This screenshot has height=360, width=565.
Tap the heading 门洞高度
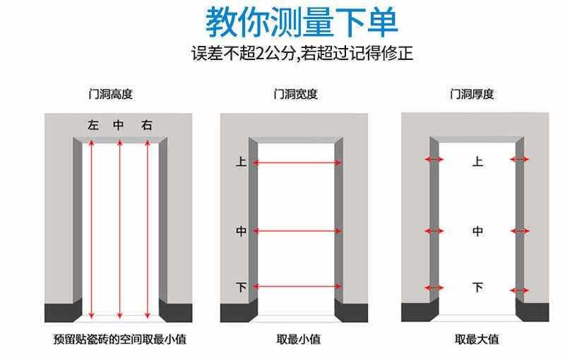click(x=111, y=94)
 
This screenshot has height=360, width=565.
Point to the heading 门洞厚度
click(x=472, y=94)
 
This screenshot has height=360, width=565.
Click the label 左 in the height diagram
click(x=93, y=126)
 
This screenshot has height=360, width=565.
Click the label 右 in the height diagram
click(x=146, y=126)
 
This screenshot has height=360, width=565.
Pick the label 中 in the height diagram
click(x=119, y=126)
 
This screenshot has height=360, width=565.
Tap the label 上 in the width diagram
click(x=241, y=162)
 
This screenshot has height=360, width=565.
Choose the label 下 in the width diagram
click(x=241, y=287)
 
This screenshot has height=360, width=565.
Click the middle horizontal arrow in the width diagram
click(x=297, y=231)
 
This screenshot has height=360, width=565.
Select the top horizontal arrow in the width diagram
click(x=297, y=163)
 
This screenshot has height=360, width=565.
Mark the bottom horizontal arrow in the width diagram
click(x=297, y=287)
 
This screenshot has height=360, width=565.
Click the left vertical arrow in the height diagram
click(x=92, y=226)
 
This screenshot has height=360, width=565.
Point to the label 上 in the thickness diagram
click(x=477, y=162)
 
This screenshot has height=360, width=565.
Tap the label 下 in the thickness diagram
click(x=477, y=287)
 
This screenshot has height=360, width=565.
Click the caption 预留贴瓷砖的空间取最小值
click(x=119, y=340)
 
